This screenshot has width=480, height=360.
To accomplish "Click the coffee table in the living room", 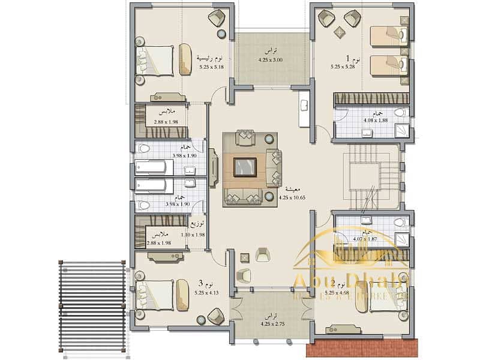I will pyautogui.click(x=245, y=165).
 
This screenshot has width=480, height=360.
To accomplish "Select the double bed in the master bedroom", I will pyautogui.click(x=155, y=61).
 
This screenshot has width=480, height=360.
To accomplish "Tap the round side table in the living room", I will pyautogui.click(x=269, y=139).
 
